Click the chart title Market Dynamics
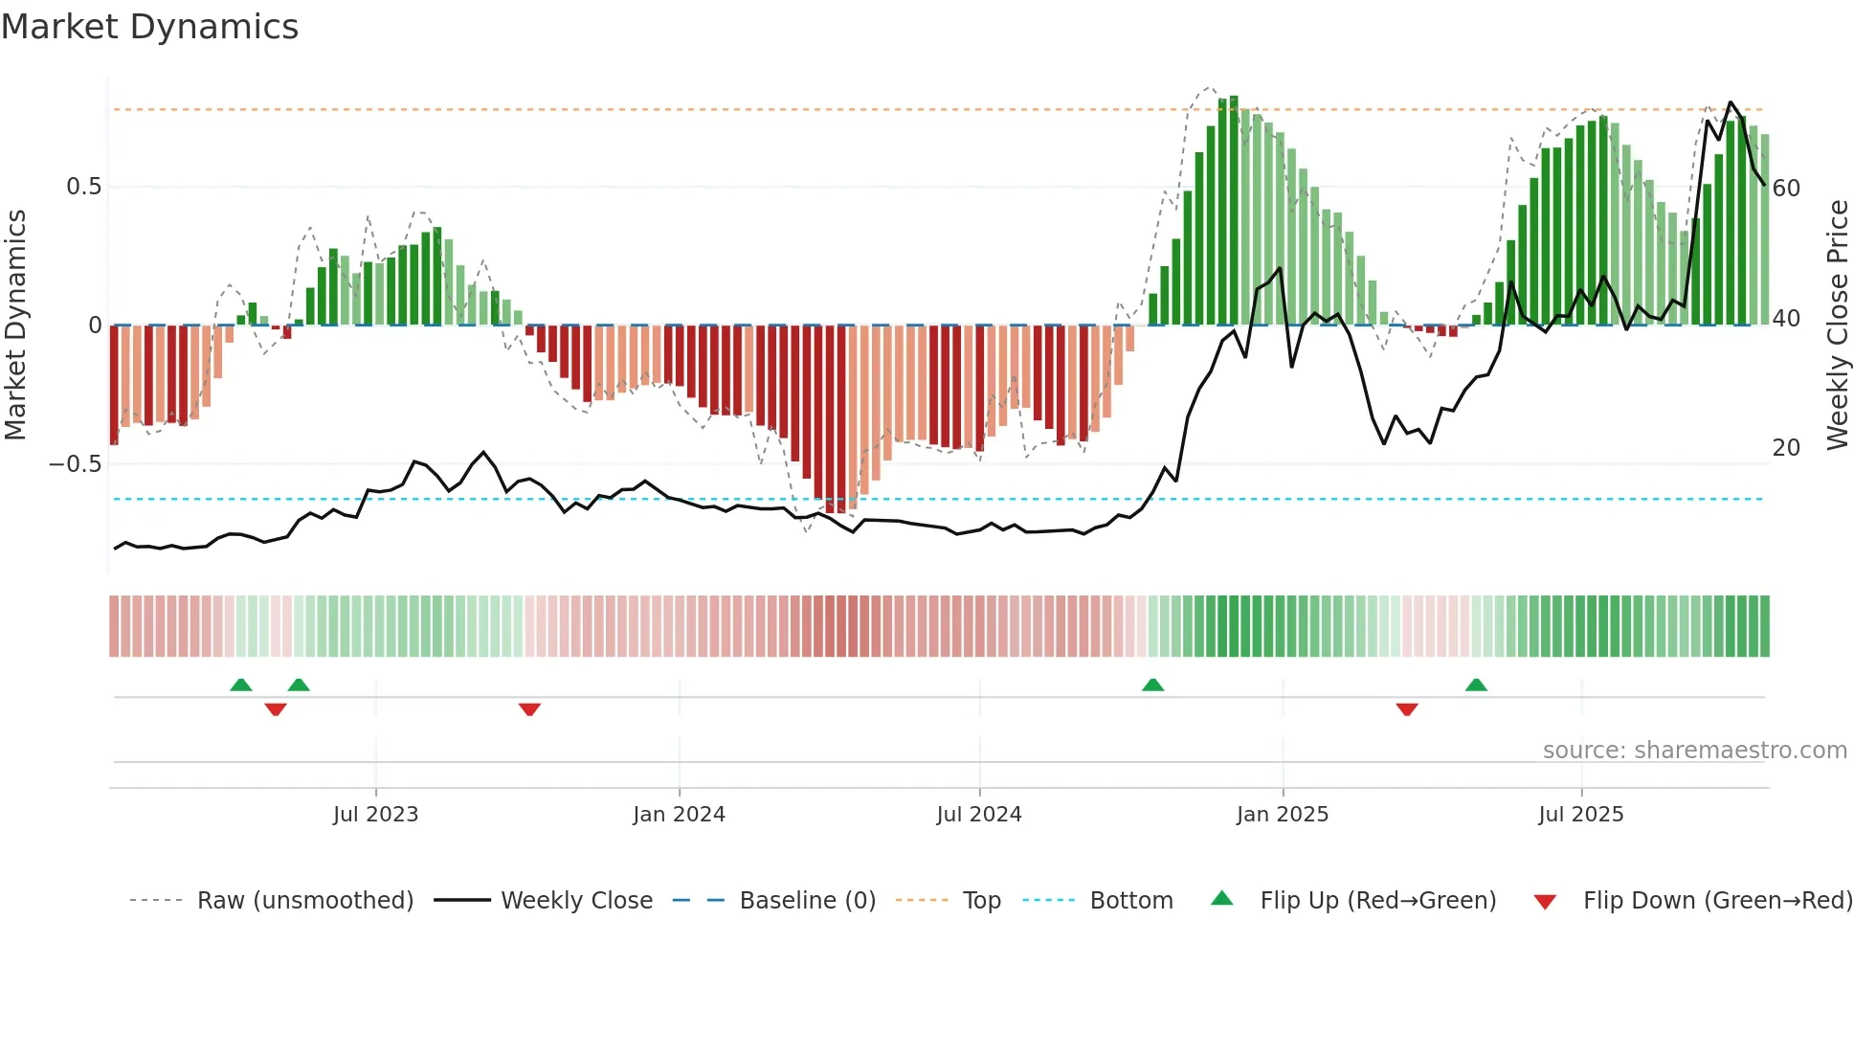(149, 27)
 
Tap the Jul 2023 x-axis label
(375, 815)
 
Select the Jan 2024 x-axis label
(679, 815)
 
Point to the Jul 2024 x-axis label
(978, 815)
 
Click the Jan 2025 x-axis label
(1282, 815)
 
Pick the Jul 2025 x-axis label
(1580, 815)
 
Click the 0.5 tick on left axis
(83, 187)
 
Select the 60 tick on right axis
(1786, 189)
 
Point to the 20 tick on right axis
(1786, 448)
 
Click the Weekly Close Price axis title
(1837, 325)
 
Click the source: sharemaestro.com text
(1694, 751)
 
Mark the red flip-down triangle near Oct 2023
(529, 709)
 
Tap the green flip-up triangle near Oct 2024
(1152, 685)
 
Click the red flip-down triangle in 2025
(1406, 709)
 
